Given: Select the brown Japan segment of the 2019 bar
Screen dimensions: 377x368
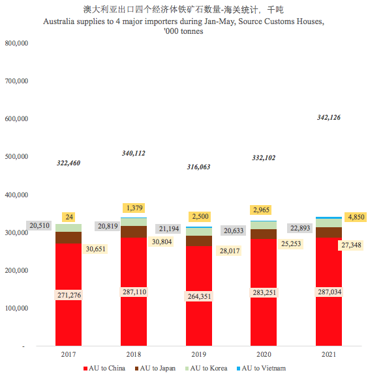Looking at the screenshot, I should (198, 240).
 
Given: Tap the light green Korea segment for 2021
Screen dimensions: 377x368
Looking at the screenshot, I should (328, 223).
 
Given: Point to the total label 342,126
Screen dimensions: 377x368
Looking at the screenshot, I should (328, 117).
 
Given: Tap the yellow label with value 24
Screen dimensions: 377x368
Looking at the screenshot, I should (69, 216).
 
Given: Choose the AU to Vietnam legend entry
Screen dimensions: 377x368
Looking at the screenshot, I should (263, 369).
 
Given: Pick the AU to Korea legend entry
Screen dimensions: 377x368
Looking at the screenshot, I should (209, 369).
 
